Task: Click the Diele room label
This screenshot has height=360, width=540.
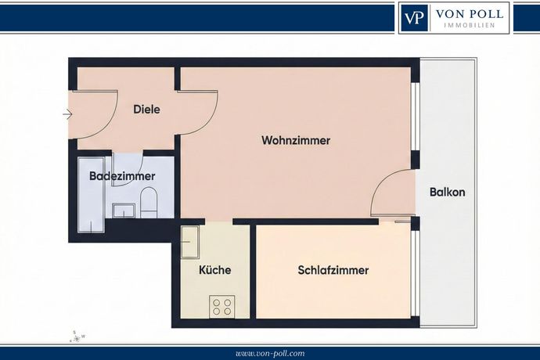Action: click(x=146, y=110)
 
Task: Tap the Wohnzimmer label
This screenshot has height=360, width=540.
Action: click(x=296, y=141)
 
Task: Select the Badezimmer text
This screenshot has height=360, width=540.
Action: click(x=122, y=176)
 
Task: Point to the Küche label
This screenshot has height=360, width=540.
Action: click(x=215, y=270)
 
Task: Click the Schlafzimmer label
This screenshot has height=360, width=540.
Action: click(x=333, y=270)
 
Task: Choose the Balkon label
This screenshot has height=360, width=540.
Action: click(x=448, y=192)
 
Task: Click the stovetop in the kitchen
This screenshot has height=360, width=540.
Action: click(x=221, y=307)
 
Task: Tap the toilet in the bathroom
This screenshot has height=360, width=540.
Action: click(x=149, y=203)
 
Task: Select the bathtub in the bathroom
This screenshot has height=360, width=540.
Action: click(x=92, y=195)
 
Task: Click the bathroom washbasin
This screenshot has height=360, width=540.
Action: click(x=124, y=211)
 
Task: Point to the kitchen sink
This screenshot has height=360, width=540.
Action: click(x=190, y=242)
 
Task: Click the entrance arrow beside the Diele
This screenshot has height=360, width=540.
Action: click(x=67, y=114)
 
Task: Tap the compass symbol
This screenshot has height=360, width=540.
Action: click(x=77, y=337)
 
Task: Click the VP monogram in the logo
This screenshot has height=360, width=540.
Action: click(x=414, y=17)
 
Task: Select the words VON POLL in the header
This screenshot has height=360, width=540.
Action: click(x=470, y=14)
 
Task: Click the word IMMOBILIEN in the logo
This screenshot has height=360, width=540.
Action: click(x=470, y=25)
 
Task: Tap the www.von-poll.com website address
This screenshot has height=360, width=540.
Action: click(x=270, y=354)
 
